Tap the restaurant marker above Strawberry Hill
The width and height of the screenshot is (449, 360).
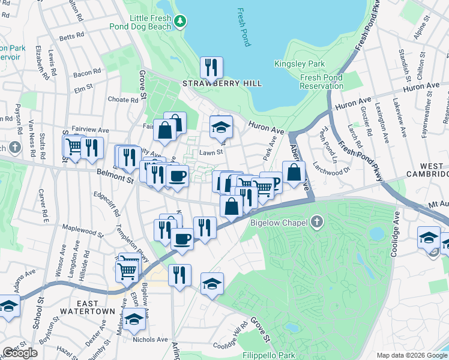[211, 68]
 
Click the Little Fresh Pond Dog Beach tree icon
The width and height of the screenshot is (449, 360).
[179, 22]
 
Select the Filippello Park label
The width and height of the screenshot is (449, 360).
[269, 356]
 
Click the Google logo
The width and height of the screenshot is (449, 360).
[20, 353]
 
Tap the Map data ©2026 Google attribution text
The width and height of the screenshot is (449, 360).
[411, 355]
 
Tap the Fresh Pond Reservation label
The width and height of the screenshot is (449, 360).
[322, 82]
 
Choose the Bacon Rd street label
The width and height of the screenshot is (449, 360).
[88, 73]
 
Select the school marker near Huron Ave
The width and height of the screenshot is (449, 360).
[221, 127]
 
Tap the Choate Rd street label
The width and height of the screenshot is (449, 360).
[123, 100]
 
